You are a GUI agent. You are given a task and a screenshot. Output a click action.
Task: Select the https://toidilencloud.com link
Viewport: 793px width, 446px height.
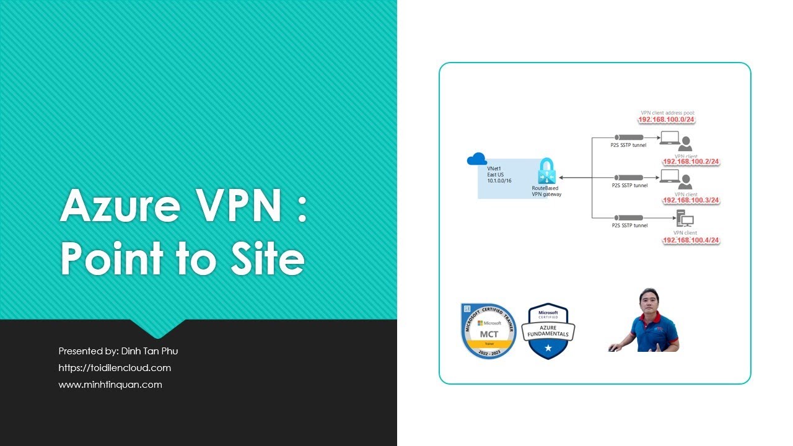point(115,368)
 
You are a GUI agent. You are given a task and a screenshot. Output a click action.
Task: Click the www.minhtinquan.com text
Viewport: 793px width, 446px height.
point(110,385)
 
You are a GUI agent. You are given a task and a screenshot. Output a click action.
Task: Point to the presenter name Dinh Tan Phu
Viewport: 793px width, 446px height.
point(148,351)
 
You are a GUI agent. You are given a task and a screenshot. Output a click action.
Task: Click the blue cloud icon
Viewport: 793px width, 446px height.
point(476,160)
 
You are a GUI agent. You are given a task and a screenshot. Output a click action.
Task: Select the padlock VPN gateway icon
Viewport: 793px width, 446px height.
point(546,171)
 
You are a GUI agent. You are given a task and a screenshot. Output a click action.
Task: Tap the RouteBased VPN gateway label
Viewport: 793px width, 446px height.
point(546,191)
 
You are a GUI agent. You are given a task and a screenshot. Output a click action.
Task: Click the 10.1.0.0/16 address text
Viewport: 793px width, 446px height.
point(499,180)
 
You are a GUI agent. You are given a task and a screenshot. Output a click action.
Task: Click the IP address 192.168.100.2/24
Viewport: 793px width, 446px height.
point(691,162)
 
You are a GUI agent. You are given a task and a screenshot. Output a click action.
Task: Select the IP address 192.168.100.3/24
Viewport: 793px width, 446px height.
point(691,201)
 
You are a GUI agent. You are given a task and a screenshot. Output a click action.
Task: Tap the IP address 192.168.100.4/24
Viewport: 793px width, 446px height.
point(691,240)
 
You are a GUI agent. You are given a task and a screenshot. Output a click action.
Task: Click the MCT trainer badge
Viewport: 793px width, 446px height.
point(488,331)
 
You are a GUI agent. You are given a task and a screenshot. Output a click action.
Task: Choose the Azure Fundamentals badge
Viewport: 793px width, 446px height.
point(548,331)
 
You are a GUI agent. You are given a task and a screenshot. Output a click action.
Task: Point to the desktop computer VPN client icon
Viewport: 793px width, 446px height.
point(685,219)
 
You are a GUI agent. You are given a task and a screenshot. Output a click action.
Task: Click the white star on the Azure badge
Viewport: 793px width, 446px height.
point(548,349)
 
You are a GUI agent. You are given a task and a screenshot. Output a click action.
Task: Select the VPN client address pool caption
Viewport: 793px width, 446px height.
point(667,113)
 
